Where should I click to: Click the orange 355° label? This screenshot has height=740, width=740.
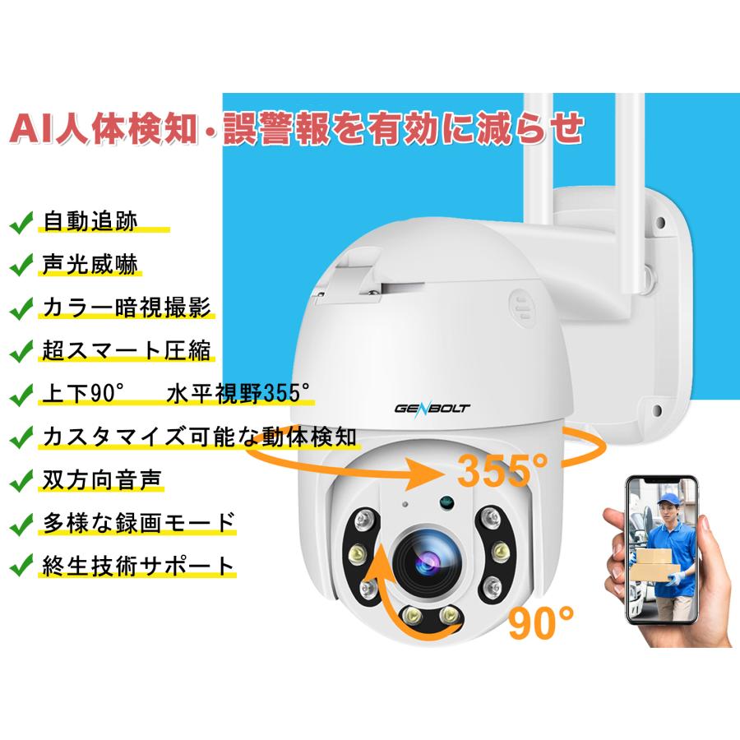(x=502, y=469)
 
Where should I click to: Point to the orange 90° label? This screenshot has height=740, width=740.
(x=541, y=622)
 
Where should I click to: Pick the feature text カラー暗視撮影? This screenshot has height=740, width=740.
(x=127, y=308)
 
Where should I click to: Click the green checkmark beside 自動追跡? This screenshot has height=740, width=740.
(x=21, y=222)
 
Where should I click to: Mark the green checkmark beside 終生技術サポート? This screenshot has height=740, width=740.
(x=21, y=566)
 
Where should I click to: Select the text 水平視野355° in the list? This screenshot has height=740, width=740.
(x=239, y=394)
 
